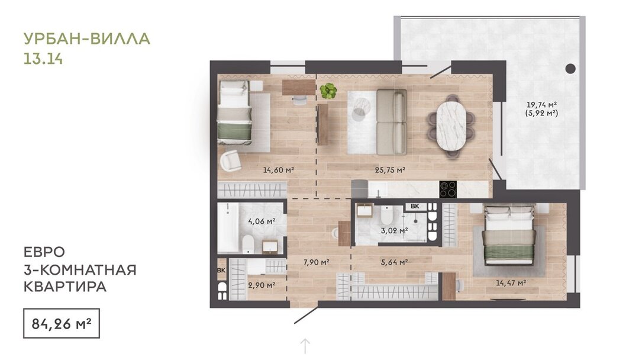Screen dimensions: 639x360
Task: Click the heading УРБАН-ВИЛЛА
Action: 87,38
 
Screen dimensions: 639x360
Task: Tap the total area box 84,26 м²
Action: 62,324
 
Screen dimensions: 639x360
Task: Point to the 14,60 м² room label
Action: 279,169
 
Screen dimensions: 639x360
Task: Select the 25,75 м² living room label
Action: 390,169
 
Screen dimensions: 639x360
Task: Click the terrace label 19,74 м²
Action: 541,104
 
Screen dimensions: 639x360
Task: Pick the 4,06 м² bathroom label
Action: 262,221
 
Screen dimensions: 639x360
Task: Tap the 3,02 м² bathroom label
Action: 394,230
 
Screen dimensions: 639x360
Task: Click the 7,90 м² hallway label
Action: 316,262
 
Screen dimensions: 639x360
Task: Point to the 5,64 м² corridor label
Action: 395,262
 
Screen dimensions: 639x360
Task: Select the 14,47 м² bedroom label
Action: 511,282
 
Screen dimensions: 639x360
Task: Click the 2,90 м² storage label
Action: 262,285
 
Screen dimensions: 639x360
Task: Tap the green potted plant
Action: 328,91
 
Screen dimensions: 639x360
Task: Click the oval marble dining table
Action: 451,126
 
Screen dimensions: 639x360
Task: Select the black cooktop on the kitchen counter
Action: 448,189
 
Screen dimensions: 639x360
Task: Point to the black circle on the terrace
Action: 570,69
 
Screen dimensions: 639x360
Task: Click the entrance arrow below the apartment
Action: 305,346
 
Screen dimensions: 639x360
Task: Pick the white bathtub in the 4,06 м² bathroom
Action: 228,227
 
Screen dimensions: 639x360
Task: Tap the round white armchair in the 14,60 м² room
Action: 231,160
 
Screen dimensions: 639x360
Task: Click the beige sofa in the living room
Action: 391,122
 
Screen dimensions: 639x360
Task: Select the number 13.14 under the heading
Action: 43,59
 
